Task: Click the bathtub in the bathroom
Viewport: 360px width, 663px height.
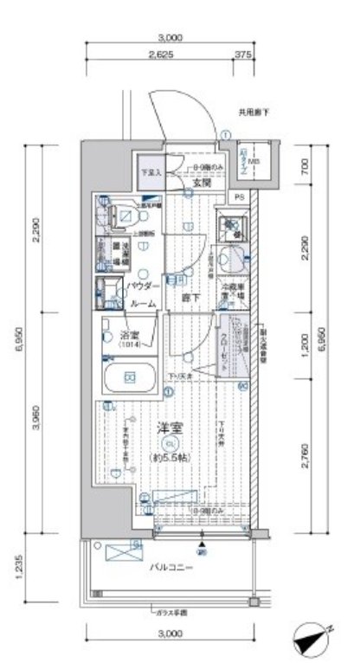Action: pyautogui.click(x=129, y=377)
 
